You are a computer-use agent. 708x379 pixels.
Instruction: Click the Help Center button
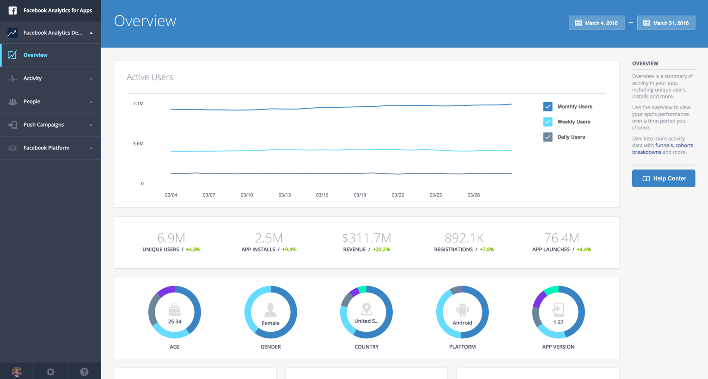coord(663,178)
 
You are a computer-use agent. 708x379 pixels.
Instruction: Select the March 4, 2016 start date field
coord(596,23)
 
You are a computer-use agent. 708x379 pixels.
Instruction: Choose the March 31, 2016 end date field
coord(666,23)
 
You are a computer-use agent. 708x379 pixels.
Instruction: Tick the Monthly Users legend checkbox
coord(548,107)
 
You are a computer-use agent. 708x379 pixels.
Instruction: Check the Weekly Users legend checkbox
coord(548,122)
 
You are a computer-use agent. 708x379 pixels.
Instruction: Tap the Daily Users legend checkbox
coord(548,137)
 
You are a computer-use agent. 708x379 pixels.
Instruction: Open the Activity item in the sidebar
coord(32,79)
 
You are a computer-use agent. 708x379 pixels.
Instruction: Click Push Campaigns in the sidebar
coord(43,125)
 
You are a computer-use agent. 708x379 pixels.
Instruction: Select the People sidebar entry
coord(32,102)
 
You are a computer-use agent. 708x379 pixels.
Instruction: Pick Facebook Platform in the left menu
coord(46,148)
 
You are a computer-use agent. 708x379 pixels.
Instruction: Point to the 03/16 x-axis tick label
coord(322,195)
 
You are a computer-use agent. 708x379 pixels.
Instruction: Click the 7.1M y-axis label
coord(138,104)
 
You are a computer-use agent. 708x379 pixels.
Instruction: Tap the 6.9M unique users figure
coord(171,238)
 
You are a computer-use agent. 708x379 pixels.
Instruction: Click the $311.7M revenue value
coord(366,238)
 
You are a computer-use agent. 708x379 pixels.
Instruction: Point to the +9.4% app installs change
coord(289,250)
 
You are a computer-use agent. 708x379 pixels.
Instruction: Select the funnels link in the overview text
coord(664,146)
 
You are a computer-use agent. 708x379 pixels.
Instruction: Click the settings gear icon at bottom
coord(50,372)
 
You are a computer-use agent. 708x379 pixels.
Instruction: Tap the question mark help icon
coord(84,372)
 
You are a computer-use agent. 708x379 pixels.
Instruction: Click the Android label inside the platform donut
coord(462,323)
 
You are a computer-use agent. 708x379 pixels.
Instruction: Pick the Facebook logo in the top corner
coord(12,11)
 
